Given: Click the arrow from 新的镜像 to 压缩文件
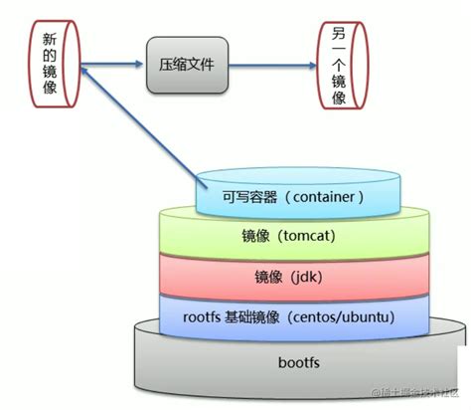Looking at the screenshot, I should click(x=112, y=66).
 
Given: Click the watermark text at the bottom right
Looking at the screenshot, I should click(x=416, y=396).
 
